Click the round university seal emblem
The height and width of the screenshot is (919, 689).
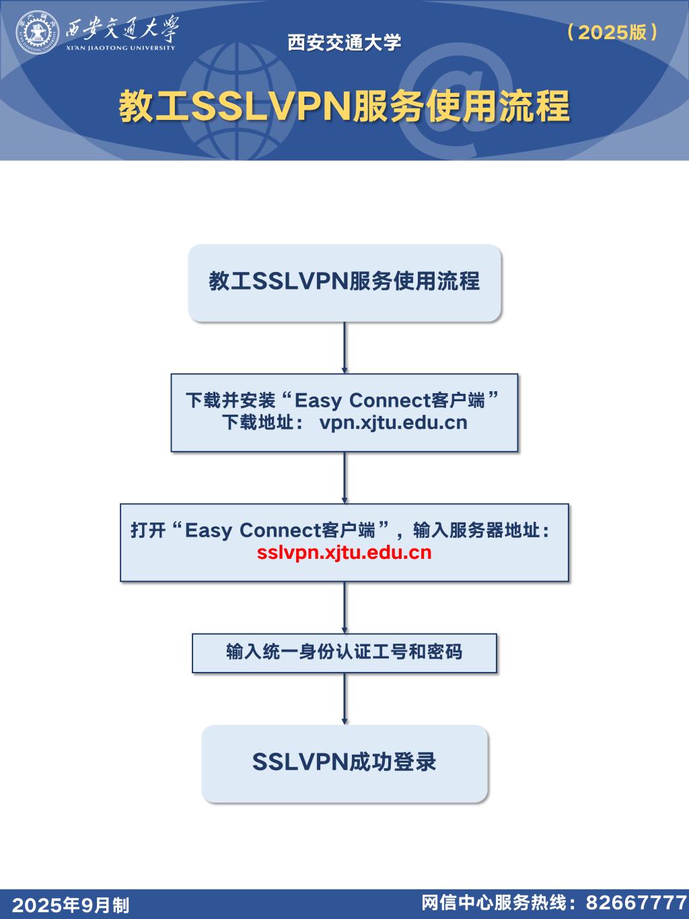pyautogui.click(x=37, y=33)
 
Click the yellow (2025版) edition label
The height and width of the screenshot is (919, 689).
pyautogui.click(x=612, y=32)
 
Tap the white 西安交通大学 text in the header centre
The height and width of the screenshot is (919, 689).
pyautogui.click(x=344, y=42)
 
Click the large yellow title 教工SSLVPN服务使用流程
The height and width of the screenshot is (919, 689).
pyautogui.click(x=344, y=106)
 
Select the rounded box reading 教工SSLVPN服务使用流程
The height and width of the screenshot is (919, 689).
pyautogui.click(x=344, y=283)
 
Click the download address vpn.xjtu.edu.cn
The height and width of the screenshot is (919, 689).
pyautogui.click(x=393, y=422)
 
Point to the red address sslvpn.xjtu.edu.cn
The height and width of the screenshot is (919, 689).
pyautogui.click(x=344, y=552)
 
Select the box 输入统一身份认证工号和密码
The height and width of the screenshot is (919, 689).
pyautogui.click(x=344, y=653)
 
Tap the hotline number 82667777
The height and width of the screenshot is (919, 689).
pyautogui.click(x=637, y=902)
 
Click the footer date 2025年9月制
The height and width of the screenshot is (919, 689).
pyautogui.click(x=70, y=905)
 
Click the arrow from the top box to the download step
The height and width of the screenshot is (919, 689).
pyautogui.click(x=344, y=347)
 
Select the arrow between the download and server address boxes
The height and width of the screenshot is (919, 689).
pyautogui.click(x=344, y=478)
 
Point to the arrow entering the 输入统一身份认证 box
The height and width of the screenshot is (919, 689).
pyautogui.click(x=344, y=607)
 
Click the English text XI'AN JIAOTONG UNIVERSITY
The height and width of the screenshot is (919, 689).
pyautogui.click(x=120, y=48)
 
